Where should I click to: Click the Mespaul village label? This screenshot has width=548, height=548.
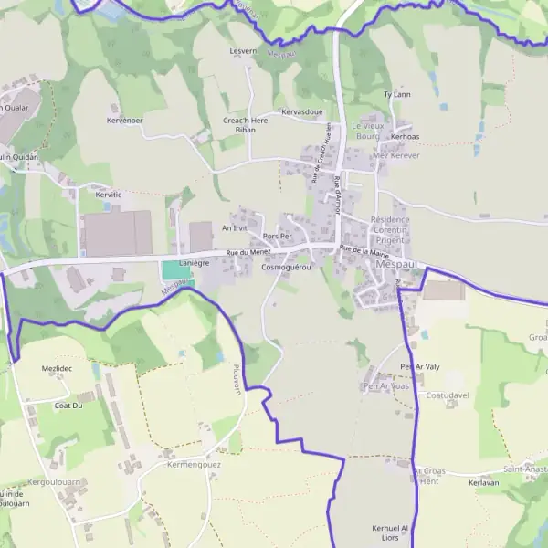pyautogui.click(x=394, y=265)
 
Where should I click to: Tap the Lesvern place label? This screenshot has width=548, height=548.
pyautogui.click(x=244, y=51)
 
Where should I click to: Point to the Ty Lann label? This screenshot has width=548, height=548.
pyautogui.click(x=397, y=94)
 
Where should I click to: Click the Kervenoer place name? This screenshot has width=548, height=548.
pyautogui.click(x=125, y=121)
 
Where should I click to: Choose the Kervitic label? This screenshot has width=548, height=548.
pyautogui.click(x=108, y=195)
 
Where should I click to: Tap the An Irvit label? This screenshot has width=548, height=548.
pyautogui.click(x=235, y=227)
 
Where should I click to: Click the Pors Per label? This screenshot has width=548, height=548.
pyautogui.click(x=277, y=237)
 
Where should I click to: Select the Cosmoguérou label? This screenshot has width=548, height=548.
pyautogui.click(x=286, y=268)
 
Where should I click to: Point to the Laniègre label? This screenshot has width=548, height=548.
pyautogui.click(x=195, y=262)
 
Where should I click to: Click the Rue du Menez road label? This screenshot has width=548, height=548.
pyautogui.click(x=249, y=252)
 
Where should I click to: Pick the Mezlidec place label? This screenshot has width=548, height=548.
pyautogui.click(x=57, y=368)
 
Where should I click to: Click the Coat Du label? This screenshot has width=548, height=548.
pyautogui.click(x=68, y=405)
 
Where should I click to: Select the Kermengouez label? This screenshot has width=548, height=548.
pyautogui.click(x=194, y=465)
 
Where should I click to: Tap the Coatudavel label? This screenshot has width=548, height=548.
pyautogui.click(x=448, y=395)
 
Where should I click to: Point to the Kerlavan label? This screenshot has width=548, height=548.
pyautogui.click(x=483, y=483)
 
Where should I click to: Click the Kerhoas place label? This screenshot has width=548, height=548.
pyautogui.click(x=405, y=137)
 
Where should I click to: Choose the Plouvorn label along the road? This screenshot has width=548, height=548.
pyautogui.click(x=236, y=375)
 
